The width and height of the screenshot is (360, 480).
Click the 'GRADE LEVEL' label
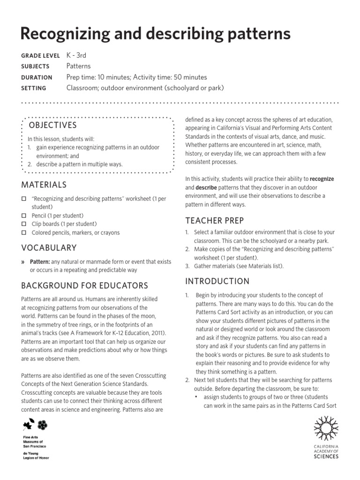tap(40, 56)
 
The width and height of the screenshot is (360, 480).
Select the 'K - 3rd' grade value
tap(76, 55)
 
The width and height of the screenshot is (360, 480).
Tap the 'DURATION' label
tap(37, 77)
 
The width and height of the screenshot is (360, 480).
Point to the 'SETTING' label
tap(34, 88)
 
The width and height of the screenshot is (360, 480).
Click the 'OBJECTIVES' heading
tap(53, 125)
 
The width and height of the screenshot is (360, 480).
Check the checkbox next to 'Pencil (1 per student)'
tap(24, 216)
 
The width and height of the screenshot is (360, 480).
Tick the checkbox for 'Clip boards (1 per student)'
tap(24, 224)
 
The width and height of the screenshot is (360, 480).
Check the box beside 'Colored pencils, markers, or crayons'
tap(24, 232)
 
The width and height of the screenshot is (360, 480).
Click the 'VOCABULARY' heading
tap(49, 247)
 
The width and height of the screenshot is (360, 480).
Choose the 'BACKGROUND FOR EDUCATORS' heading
tap(84, 285)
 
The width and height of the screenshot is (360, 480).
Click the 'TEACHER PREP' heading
tap(214, 220)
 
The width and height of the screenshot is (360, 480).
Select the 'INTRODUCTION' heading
tap(217, 281)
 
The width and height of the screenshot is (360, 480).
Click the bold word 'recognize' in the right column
tap(322, 179)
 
